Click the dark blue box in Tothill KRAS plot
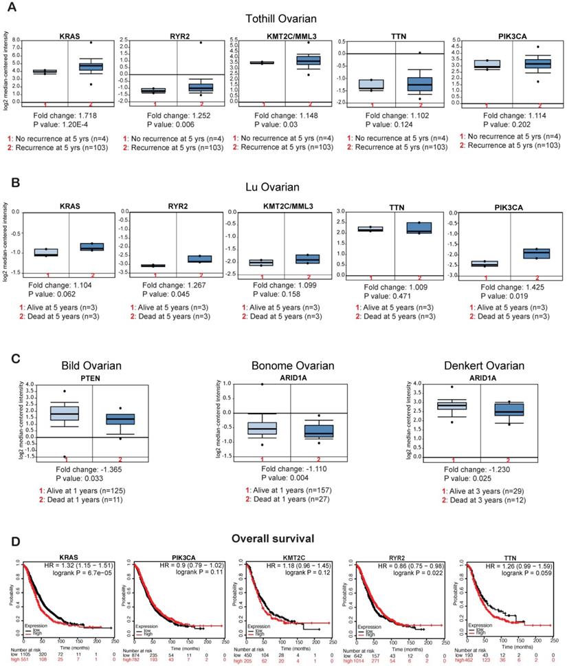91,66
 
